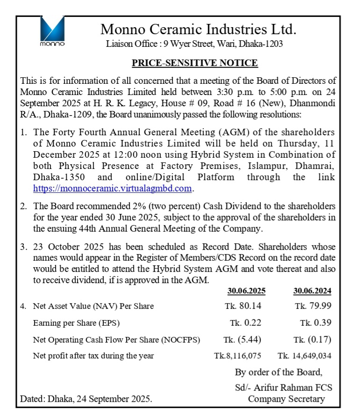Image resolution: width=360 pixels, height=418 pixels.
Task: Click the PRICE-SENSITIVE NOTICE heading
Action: point(194,63)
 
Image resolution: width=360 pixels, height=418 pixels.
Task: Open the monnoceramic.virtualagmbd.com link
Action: point(113,189)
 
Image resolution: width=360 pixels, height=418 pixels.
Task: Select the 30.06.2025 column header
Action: point(246,291)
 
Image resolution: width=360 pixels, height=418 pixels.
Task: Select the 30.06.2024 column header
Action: point(312,291)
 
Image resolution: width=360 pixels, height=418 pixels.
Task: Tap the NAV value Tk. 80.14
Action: point(243,306)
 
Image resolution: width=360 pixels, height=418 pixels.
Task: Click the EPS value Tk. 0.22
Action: point(245,323)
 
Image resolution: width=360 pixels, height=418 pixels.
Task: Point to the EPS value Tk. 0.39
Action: point(316,323)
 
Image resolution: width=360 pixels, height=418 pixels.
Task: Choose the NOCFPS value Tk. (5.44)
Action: point(243,340)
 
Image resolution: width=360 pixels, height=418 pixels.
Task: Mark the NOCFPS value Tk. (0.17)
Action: point(313,340)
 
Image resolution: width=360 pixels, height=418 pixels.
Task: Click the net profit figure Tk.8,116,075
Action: point(238,356)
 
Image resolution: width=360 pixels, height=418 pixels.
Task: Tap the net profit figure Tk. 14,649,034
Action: point(304,356)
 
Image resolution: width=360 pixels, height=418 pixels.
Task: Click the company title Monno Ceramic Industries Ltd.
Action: point(199,29)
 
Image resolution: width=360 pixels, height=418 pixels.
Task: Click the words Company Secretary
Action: point(286,399)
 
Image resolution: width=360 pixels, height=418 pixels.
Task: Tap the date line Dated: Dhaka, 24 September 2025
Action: point(86,399)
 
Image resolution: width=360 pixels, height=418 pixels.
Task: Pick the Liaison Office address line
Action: point(194,44)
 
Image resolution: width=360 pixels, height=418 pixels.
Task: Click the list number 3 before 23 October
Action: point(23,247)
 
